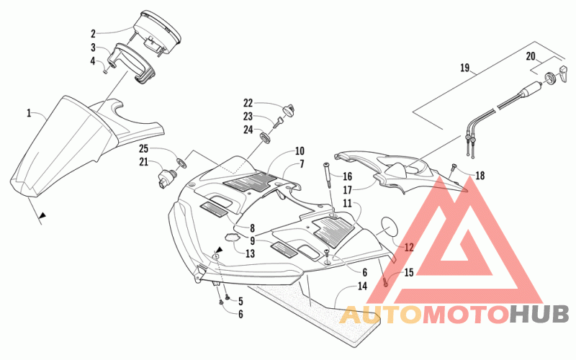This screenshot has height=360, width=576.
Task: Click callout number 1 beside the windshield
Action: tap(29, 113)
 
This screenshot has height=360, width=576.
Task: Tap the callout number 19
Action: tap(464, 69)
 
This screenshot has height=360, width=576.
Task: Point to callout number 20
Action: tap(531, 56)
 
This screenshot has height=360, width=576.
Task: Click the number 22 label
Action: tap(248, 102)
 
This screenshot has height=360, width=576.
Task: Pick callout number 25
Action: tap(144, 148)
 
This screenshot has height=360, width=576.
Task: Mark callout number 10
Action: tap(299, 151)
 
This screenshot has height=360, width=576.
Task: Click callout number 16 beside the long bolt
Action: tap(347, 176)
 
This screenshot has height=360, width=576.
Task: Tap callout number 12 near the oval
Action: tap(409, 246)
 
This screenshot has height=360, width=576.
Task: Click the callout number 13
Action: tap(250, 253)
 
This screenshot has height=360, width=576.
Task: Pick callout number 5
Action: tap(240, 301)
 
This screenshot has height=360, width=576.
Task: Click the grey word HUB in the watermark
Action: tap(539, 314)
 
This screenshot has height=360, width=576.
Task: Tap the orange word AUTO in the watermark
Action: tap(374, 314)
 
